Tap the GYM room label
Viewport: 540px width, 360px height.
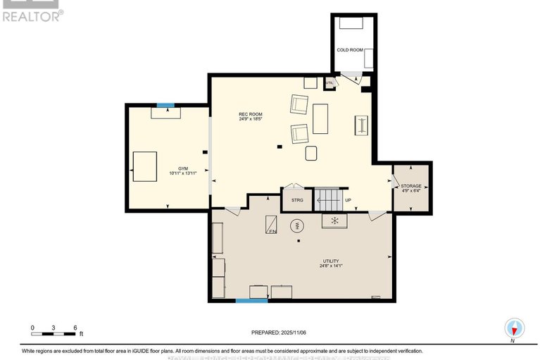(182, 168)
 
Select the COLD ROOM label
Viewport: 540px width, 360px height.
(350, 50)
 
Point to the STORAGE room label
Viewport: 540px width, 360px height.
(411, 186)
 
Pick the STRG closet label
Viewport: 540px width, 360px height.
(296, 200)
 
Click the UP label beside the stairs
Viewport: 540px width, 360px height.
(348, 200)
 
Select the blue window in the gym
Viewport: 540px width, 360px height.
(165, 106)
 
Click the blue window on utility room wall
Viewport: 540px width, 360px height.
(251, 301)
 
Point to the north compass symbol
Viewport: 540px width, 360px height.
(515, 329)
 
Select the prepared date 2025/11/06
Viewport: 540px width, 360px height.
(280, 333)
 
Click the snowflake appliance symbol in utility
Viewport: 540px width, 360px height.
(335, 221)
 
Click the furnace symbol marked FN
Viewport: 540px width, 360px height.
(271, 225)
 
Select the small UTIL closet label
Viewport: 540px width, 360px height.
(329, 83)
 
